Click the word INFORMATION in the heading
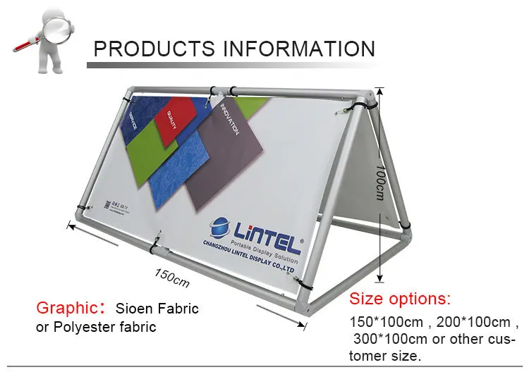point(299,49)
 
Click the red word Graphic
point(65,308)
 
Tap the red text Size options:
point(400,298)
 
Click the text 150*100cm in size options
point(386,323)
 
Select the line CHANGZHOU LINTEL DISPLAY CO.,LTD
point(250,255)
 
